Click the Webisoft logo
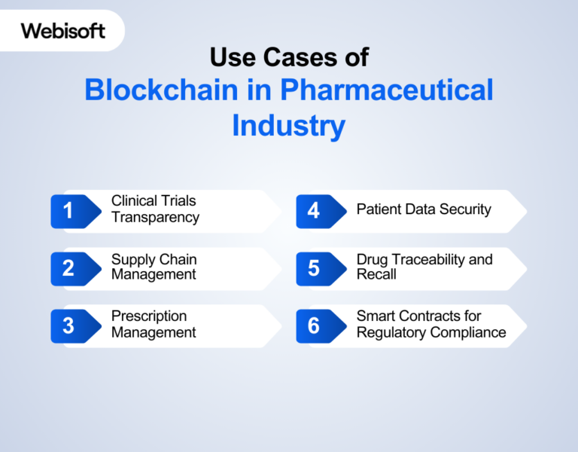63,31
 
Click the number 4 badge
314,211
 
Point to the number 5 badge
314,268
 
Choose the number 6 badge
314,325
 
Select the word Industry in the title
288,125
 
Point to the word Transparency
155,218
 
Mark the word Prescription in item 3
149,316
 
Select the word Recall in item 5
376,275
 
